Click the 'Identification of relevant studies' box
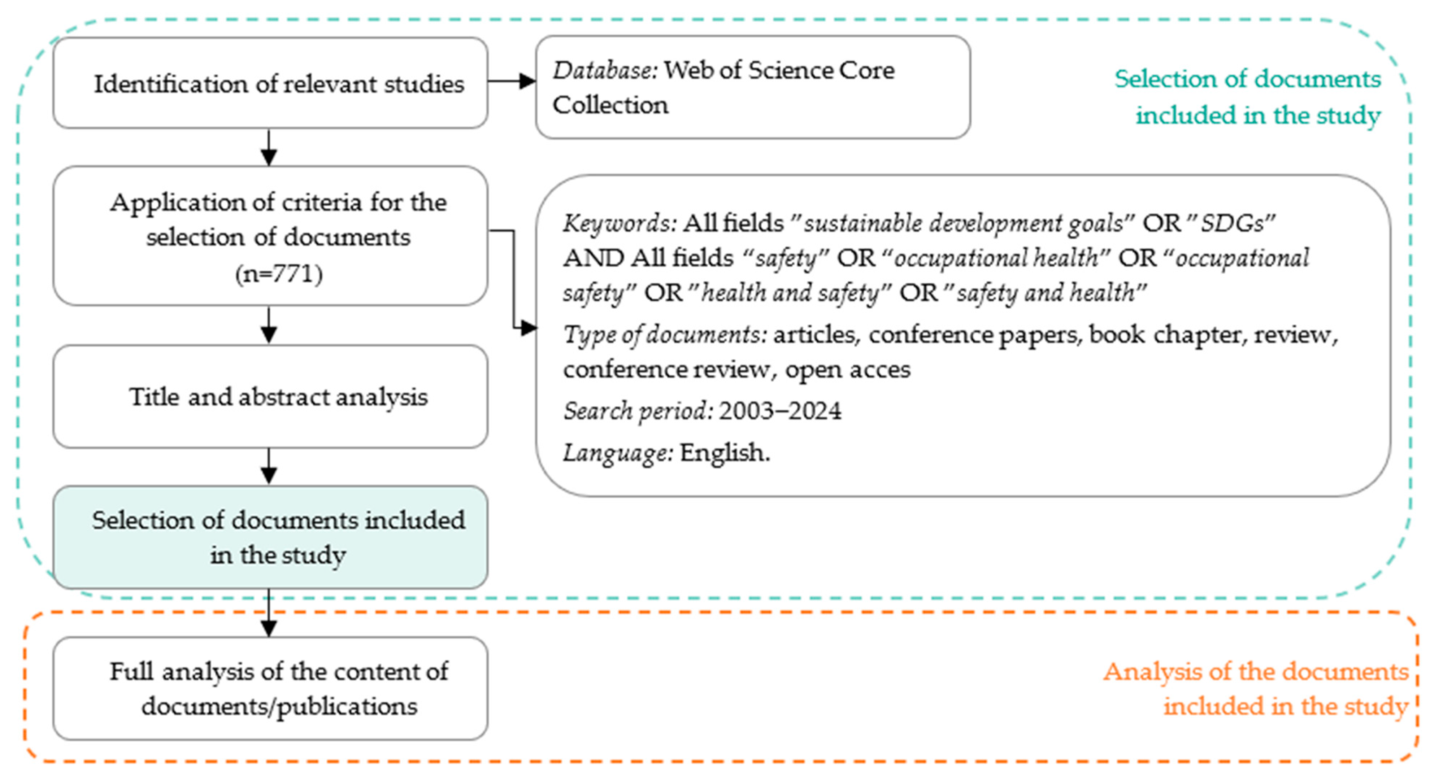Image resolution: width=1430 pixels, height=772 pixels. (x=270, y=83)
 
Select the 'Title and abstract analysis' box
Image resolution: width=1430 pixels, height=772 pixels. (x=270, y=396)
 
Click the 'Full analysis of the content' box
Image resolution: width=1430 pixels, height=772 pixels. (x=270, y=688)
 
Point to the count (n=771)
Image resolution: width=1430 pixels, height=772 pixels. (x=279, y=274)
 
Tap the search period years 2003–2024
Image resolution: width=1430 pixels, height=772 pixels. (x=780, y=411)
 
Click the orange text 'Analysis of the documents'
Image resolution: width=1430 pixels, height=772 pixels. (x=1256, y=672)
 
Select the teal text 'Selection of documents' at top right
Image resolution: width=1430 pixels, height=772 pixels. (x=1247, y=79)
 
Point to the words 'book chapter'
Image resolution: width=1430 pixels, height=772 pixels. (x=1164, y=335)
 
